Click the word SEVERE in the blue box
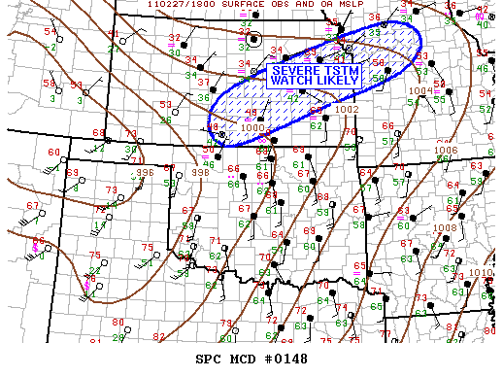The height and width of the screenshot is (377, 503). pyautogui.click(x=292, y=71)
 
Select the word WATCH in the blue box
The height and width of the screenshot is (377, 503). pyautogui.click(x=293, y=82)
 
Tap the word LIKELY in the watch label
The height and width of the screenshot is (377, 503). pyautogui.click(x=335, y=82)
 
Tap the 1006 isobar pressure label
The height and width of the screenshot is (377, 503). pyautogui.click(x=447, y=150)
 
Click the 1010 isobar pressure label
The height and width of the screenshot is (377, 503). pyautogui.click(x=481, y=273)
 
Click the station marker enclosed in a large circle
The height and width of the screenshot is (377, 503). pyautogui.click(x=254, y=40)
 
